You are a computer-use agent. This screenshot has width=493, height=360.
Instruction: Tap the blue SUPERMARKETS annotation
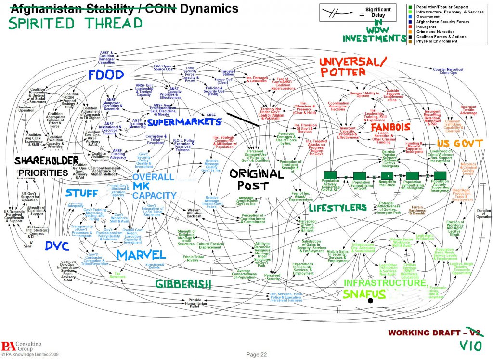click(184, 122)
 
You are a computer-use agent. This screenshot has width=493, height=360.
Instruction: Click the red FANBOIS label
click(390, 127)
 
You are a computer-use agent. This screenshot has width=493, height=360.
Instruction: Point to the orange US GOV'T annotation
click(455, 143)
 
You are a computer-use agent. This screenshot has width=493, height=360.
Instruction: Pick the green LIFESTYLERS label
click(337, 208)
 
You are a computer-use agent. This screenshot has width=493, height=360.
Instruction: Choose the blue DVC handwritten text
click(57, 246)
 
